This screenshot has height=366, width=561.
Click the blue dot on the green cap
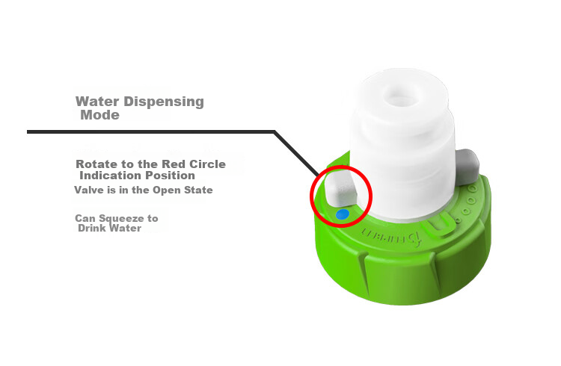pyautogui.click(x=343, y=214)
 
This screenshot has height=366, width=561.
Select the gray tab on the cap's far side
pyautogui.click(x=467, y=167)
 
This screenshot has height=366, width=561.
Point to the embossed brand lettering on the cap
pyautogui.click(x=390, y=235)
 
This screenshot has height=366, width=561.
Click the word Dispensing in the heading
pyautogui.click(x=164, y=102)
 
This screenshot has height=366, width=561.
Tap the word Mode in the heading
pyautogui.click(x=99, y=115)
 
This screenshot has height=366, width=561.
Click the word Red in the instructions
pyautogui.click(x=174, y=164)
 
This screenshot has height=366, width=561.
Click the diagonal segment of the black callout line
pyautogui.click(x=297, y=154)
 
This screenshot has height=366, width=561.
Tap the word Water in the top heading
pyautogui.click(x=97, y=102)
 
